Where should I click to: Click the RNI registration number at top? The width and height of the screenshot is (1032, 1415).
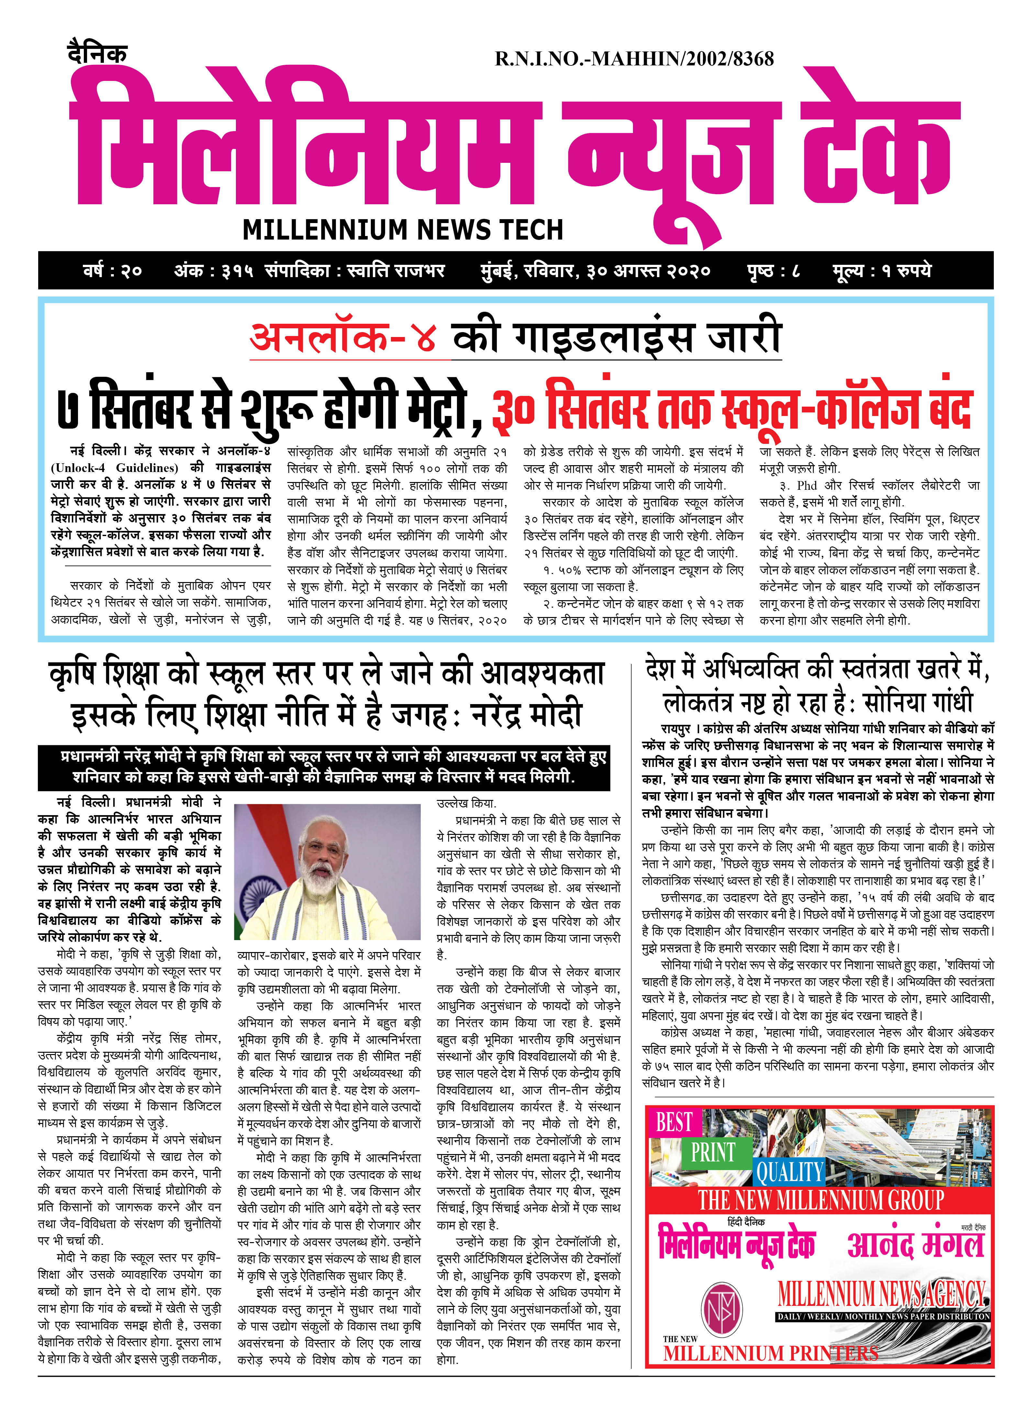634,59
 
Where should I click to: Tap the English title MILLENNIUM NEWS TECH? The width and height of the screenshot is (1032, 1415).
403,230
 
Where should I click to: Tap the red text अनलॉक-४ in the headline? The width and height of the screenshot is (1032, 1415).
342,338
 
